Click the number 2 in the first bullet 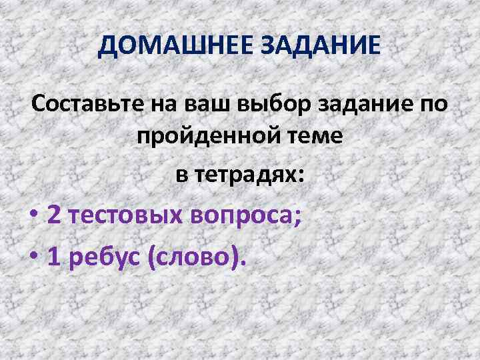(x=55, y=216)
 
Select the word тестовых (x=125, y=216)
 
